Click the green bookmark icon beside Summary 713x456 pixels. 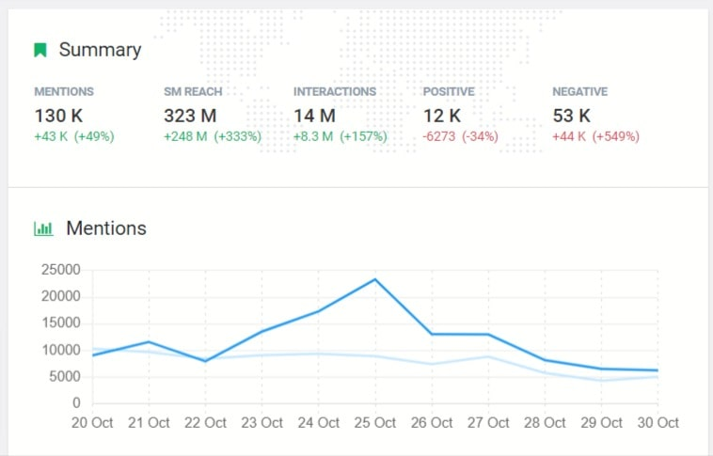coord(40,50)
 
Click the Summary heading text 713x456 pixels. coord(100,50)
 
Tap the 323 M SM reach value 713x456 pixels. coord(191,117)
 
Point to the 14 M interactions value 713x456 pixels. coord(314,117)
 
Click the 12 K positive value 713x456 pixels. coord(441,117)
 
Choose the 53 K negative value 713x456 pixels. coord(571,117)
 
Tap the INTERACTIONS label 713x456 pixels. coord(335,92)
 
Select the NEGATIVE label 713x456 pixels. coord(579,92)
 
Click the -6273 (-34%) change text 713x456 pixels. coord(461,136)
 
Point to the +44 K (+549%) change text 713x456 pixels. coord(595,136)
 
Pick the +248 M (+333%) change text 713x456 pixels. coord(212,136)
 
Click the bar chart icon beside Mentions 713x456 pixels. coord(43,228)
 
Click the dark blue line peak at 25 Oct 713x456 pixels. coord(375,279)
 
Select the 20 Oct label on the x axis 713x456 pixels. coord(93,423)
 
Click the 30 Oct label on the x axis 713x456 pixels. coord(657,423)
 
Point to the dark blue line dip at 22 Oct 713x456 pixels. coord(206,361)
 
